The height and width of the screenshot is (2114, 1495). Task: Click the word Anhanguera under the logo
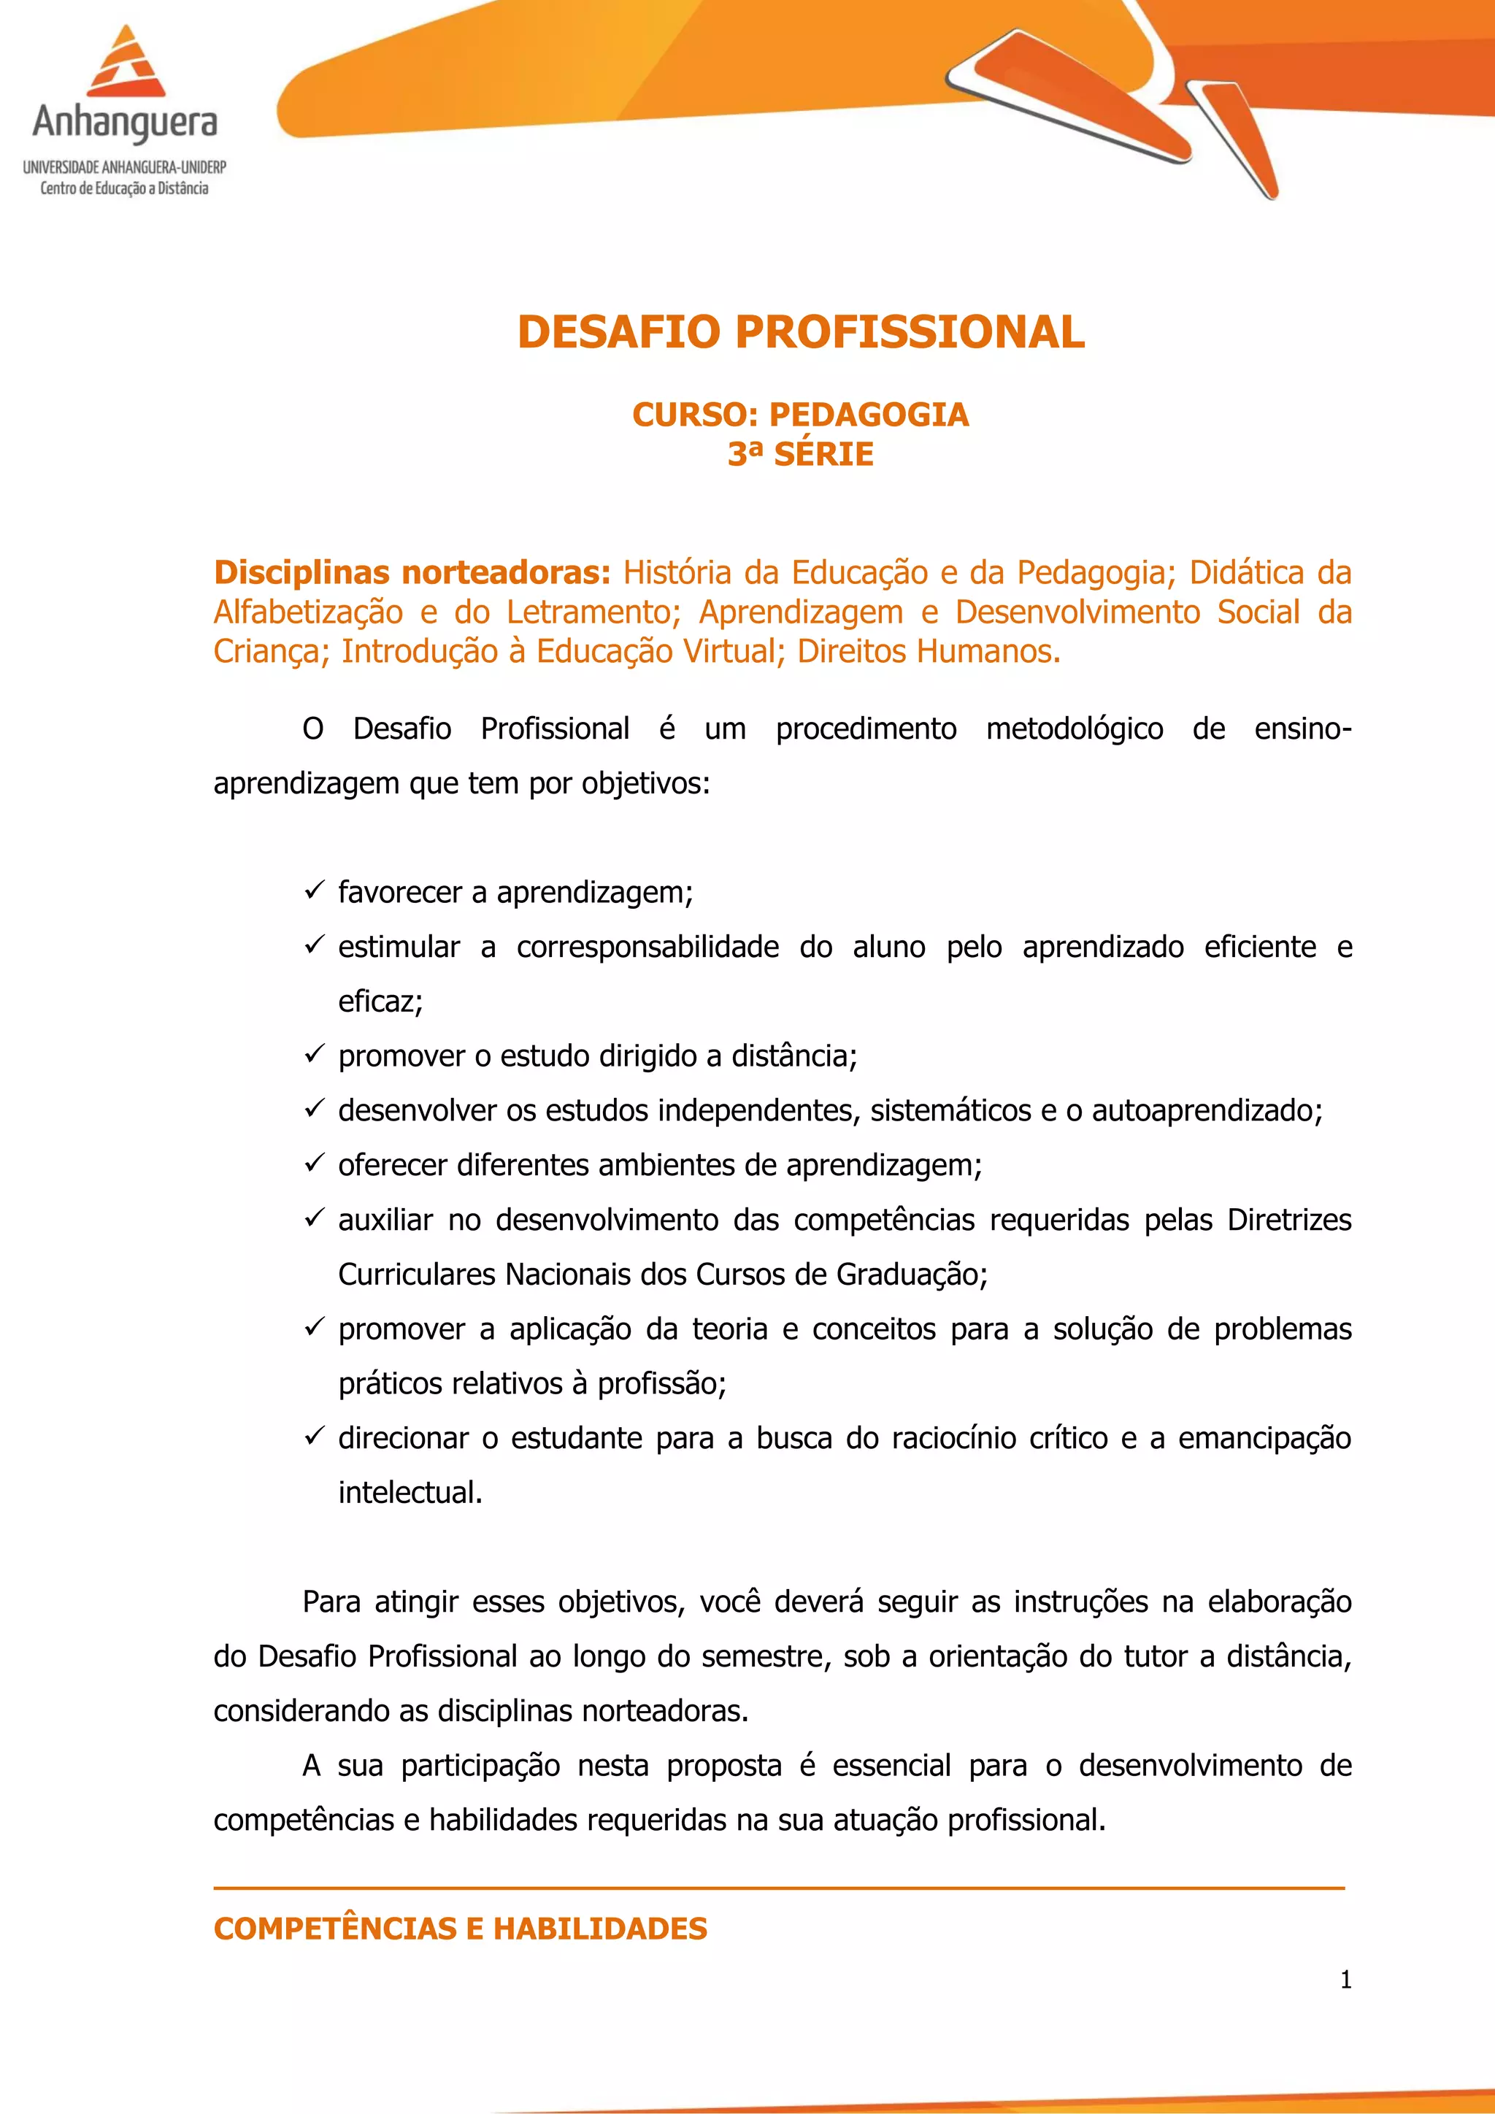point(126,123)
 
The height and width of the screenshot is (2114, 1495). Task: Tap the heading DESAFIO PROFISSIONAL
point(801,332)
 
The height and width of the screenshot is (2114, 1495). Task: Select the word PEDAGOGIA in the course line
point(868,415)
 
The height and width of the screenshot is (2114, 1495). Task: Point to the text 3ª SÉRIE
point(800,455)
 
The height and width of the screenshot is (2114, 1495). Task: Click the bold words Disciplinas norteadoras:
point(412,573)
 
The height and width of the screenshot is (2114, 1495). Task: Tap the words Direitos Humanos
point(929,652)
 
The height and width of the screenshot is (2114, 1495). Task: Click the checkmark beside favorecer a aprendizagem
point(314,891)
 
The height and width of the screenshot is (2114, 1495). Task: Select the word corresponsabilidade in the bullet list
point(647,948)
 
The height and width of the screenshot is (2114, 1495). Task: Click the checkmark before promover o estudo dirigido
point(314,1054)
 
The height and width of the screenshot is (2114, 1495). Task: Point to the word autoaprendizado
point(1206,1111)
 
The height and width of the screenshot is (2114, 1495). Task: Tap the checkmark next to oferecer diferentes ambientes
point(314,1164)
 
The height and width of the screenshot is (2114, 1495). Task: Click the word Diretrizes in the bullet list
point(1289,1220)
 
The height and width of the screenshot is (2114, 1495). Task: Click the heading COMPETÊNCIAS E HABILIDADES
point(461,1928)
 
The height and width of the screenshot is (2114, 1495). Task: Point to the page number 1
point(1346,1980)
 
